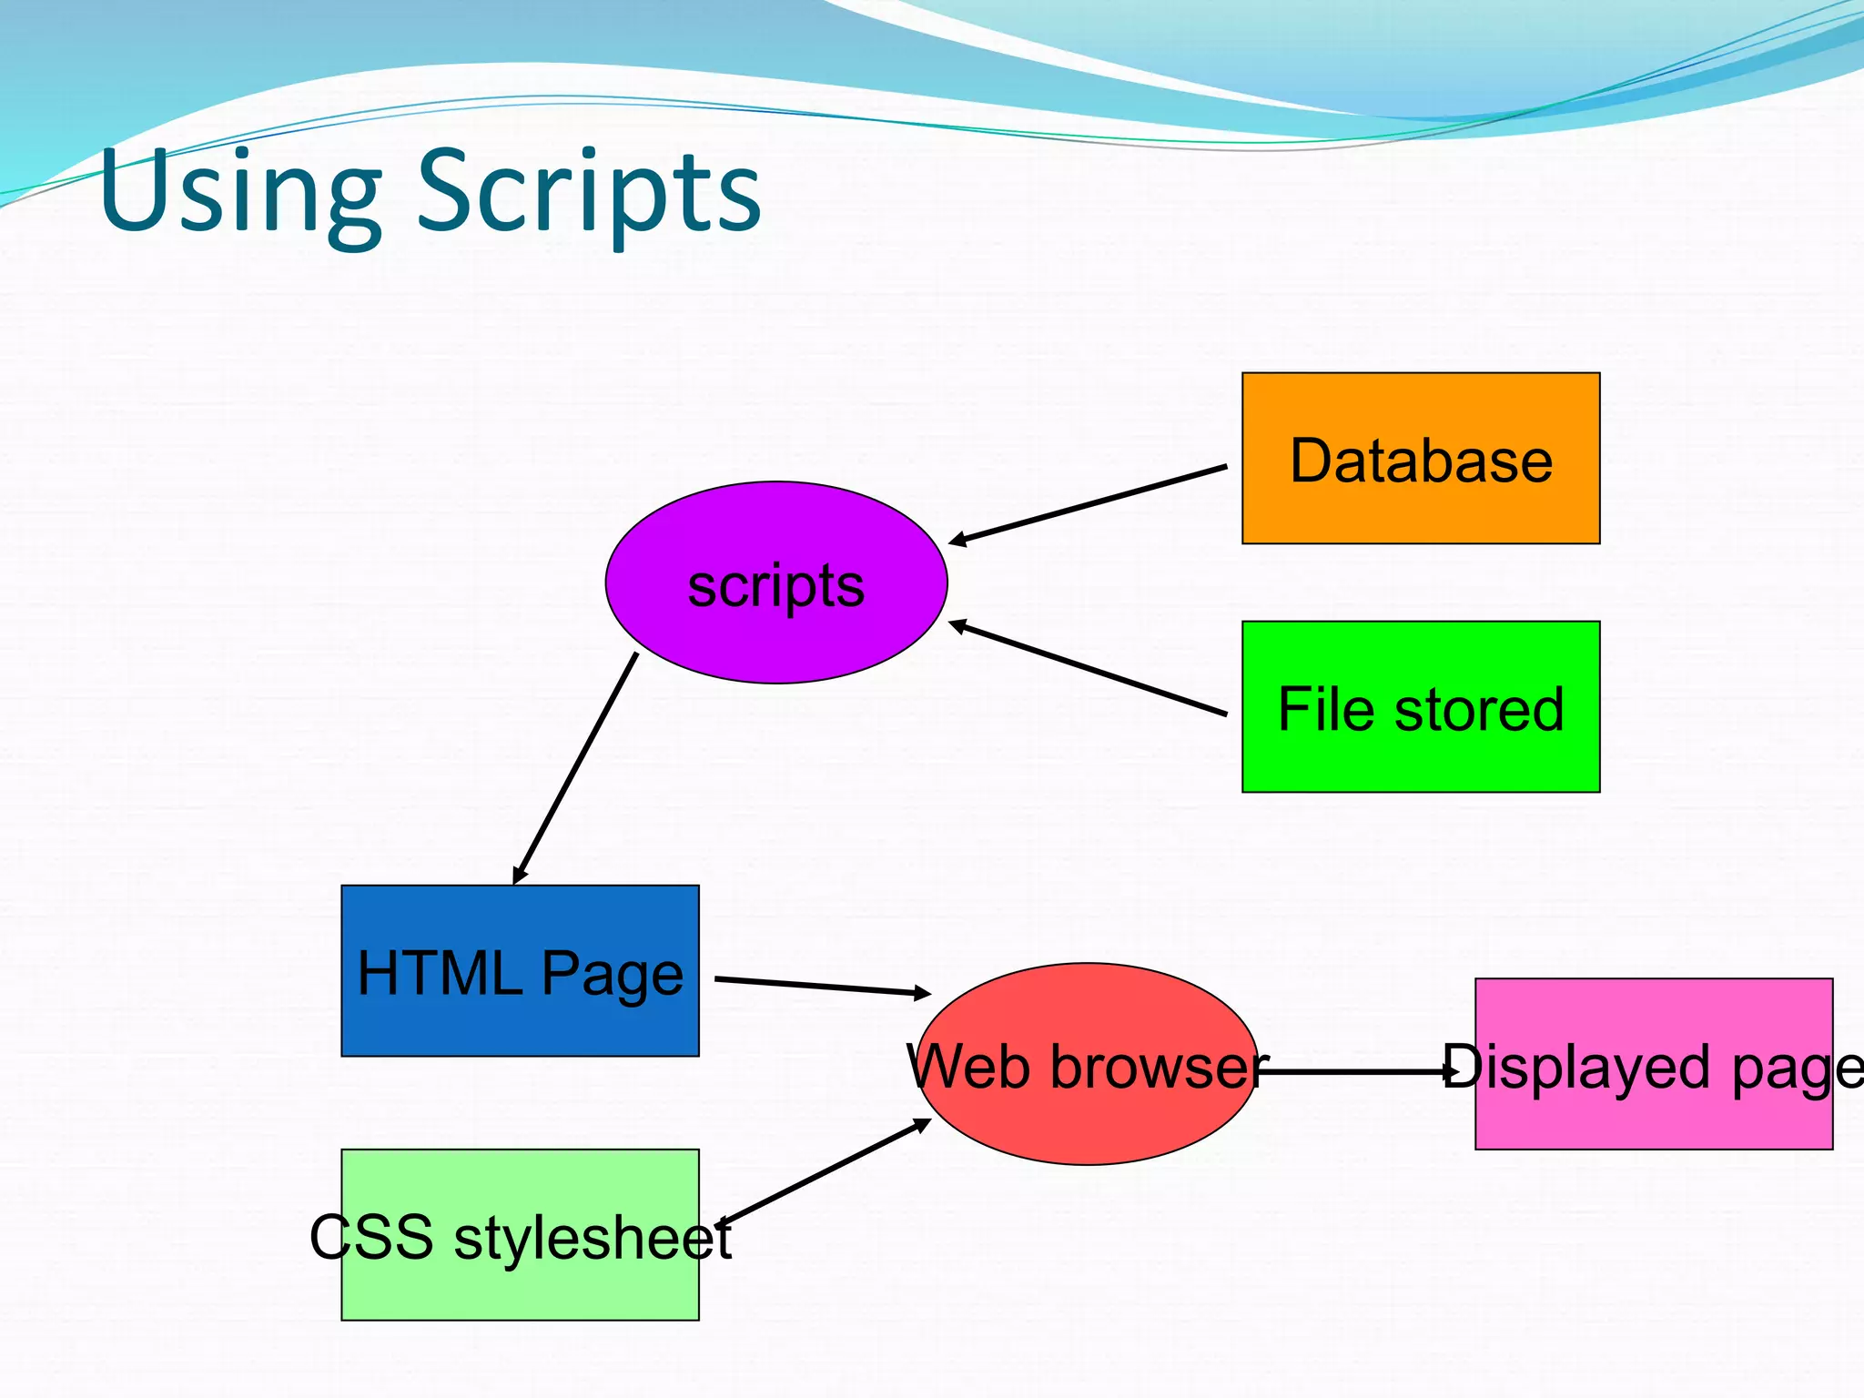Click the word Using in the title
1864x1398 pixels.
[x=240, y=193]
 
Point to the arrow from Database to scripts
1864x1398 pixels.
[x=1088, y=504]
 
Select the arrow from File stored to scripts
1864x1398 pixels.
[x=1088, y=668]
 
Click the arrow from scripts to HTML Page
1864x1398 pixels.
[x=575, y=768]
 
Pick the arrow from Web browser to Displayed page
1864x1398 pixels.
[x=1356, y=1072]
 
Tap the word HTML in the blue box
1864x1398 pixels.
[x=440, y=974]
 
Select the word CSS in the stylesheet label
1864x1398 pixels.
[x=371, y=1238]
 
